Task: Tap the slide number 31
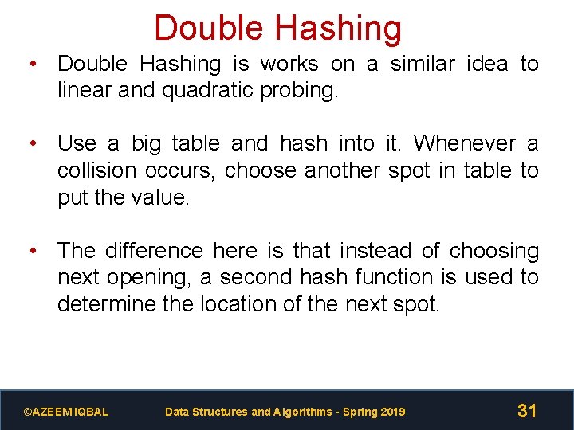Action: pos(527,411)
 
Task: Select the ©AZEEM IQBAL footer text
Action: pos(66,412)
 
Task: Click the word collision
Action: pos(106,170)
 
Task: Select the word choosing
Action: pos(494,251)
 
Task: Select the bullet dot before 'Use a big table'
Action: pos(33,143)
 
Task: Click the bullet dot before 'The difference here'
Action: pos(33,251)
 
